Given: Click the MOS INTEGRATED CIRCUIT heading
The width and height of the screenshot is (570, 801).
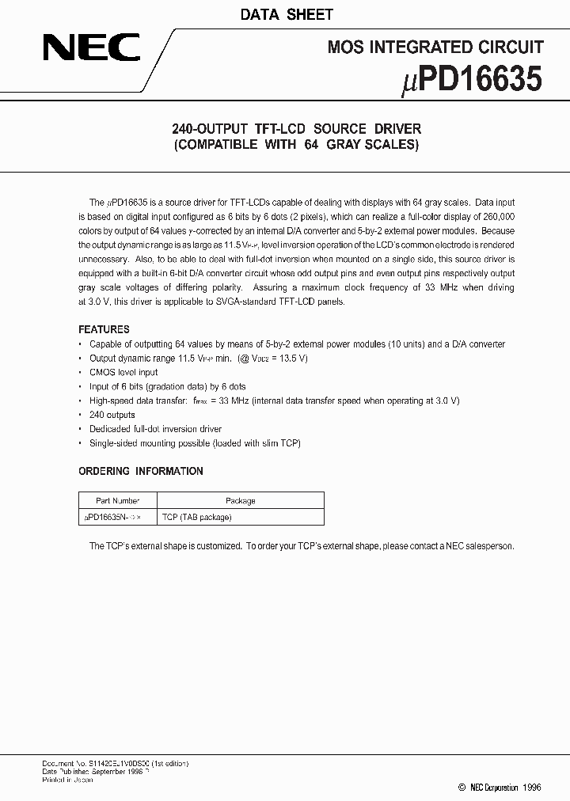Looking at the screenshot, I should tap(435, 48).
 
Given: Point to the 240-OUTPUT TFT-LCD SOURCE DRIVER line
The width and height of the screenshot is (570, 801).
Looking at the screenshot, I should tap(296, 128).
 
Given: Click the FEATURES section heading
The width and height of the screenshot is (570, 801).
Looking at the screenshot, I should tap(104, 329).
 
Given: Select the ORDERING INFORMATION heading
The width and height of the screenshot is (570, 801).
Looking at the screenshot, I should tap(141, 471).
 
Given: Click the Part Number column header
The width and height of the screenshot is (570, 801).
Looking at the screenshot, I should tap(118, 500).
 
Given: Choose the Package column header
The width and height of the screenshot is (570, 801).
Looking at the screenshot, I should tap(241, 500).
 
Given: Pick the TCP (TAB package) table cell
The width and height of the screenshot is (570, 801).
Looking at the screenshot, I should tap(197, 517).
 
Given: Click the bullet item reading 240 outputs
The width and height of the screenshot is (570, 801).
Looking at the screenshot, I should tap(112, 415).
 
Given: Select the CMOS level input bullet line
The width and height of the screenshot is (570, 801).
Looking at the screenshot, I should tap(123, 372).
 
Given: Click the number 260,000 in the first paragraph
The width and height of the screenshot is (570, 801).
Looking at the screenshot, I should tap(496, 216).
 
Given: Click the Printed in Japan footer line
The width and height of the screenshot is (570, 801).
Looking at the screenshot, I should tap(67, 780).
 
